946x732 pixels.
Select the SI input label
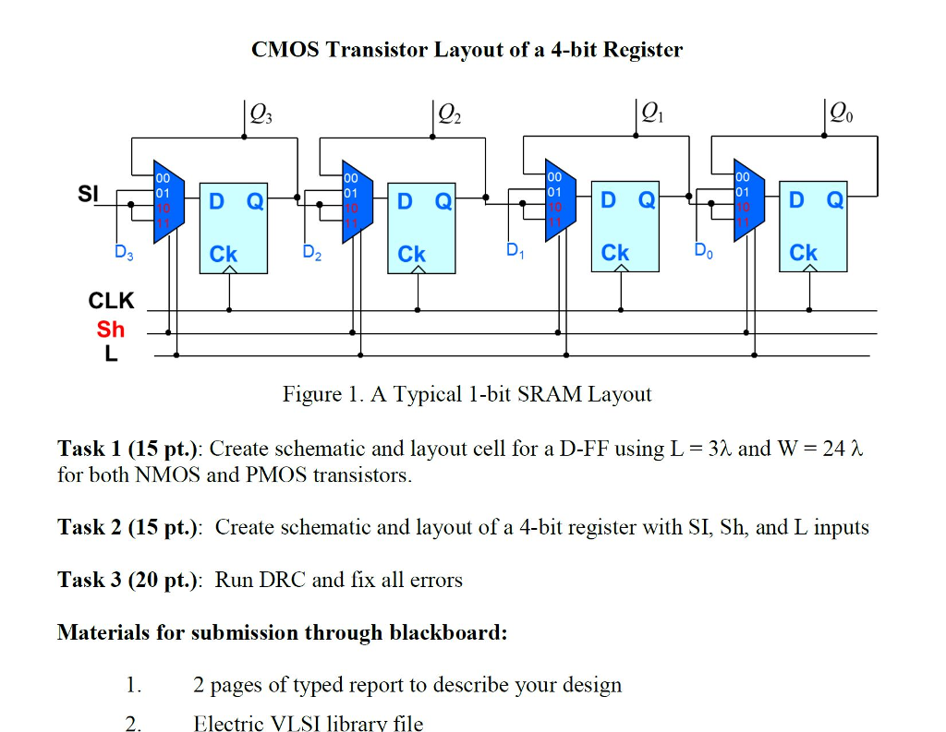point(88,194)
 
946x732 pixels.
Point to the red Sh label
point(110,330)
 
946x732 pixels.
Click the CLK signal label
point(111,301)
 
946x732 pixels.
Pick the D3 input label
point(124,252)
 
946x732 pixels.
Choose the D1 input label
point(515,250)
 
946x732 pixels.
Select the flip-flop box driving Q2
point(420,227)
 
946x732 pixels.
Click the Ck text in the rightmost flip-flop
point(803,253)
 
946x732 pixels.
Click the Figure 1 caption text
point(467,395)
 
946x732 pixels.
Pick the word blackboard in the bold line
point(447,633)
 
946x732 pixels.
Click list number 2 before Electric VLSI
point(134,723)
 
